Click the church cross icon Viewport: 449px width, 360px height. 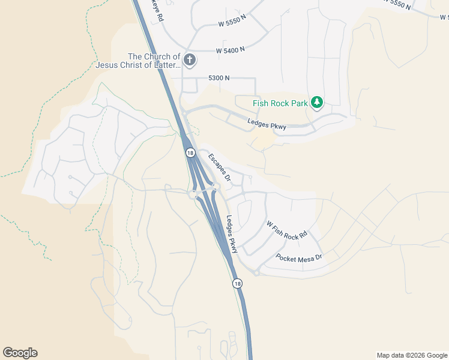190,59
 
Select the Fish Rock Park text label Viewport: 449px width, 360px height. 280,103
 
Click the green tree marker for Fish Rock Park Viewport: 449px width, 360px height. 317,103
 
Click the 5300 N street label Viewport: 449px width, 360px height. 219,78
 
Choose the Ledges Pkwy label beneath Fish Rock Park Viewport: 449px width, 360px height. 267,124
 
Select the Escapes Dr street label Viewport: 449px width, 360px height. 219,167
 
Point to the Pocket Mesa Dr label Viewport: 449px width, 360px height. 299,257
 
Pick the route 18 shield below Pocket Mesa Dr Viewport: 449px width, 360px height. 238,283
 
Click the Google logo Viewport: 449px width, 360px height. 20,353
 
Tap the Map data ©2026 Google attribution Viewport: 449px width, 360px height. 412,355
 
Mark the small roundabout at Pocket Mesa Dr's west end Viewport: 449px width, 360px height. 256,273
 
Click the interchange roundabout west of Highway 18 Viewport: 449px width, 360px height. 193,194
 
